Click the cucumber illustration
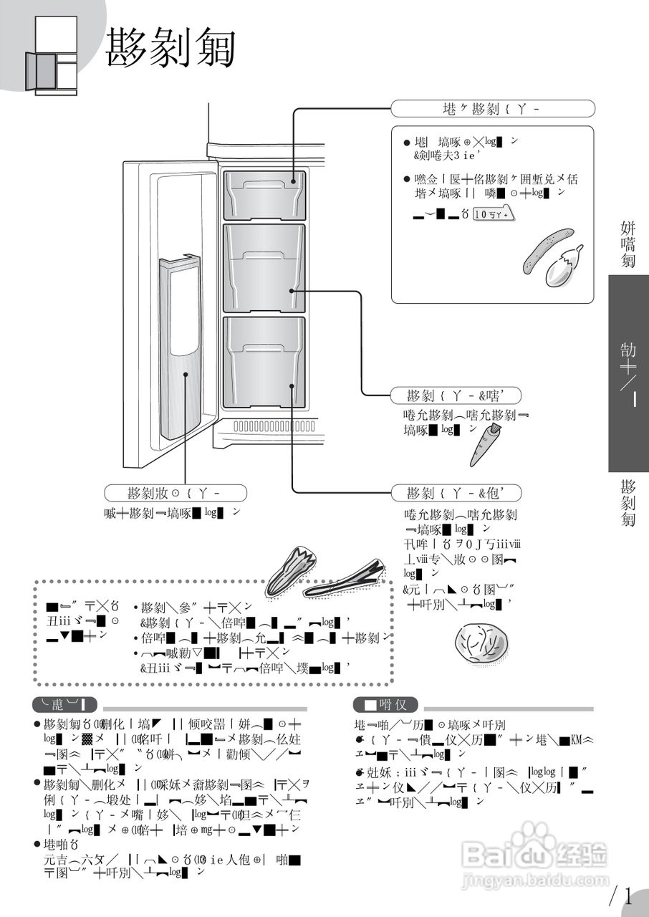[x=548, y=250]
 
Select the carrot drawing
[x=485, y=444]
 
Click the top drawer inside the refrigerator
[x=264, y=195]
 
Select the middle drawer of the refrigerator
[x=264, y=268]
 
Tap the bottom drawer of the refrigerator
[x=264, y=363]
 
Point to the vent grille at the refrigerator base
[x=275, y=426]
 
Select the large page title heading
[x=171, y=49]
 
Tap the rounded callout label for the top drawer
[x=493, y=109]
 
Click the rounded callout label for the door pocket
[x=176, y=493]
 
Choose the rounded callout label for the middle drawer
[x=456, y=395]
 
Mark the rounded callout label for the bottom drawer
[x=456, y=493]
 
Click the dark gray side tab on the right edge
[x=628, y=373]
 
